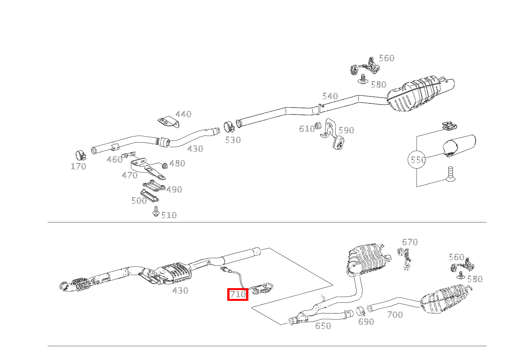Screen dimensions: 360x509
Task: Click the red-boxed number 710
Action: (238, 295)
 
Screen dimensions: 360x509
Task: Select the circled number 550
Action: (417, 159)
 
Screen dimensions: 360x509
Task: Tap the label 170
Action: (78, 167)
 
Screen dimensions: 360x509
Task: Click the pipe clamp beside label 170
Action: (81, 155)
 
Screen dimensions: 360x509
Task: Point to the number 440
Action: (183, 114)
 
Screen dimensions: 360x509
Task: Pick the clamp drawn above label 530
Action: (230, 127)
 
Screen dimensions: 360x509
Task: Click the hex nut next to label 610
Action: (318, 126)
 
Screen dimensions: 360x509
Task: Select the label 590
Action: (346, 131)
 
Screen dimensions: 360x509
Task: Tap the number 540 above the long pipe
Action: (330, 96)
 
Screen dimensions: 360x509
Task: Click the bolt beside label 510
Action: (155, 212)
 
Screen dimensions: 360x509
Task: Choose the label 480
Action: (177, 164)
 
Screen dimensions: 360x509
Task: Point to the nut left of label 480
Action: (165, 166)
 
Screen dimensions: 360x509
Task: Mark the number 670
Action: (410, 242)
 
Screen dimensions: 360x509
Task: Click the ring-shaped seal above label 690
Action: (360, 311)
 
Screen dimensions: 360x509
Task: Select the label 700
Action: (395, 315)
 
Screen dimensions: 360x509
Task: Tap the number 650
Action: (323, 326)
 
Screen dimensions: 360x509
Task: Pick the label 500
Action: (139, 201)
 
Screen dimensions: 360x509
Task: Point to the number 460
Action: (114, 160)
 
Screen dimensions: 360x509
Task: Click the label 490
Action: (174, 190)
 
